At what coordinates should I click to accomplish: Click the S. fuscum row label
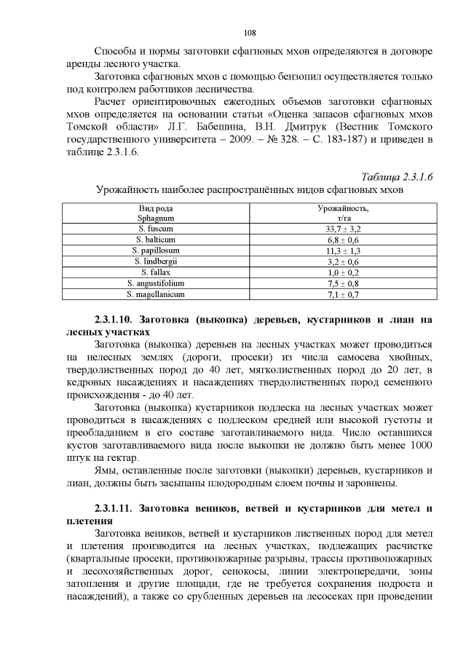click(155, 229)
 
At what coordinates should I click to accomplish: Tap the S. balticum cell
click(155, 240)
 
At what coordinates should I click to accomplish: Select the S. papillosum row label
click(155, 250)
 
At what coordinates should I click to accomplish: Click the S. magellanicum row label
click(155, 294)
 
